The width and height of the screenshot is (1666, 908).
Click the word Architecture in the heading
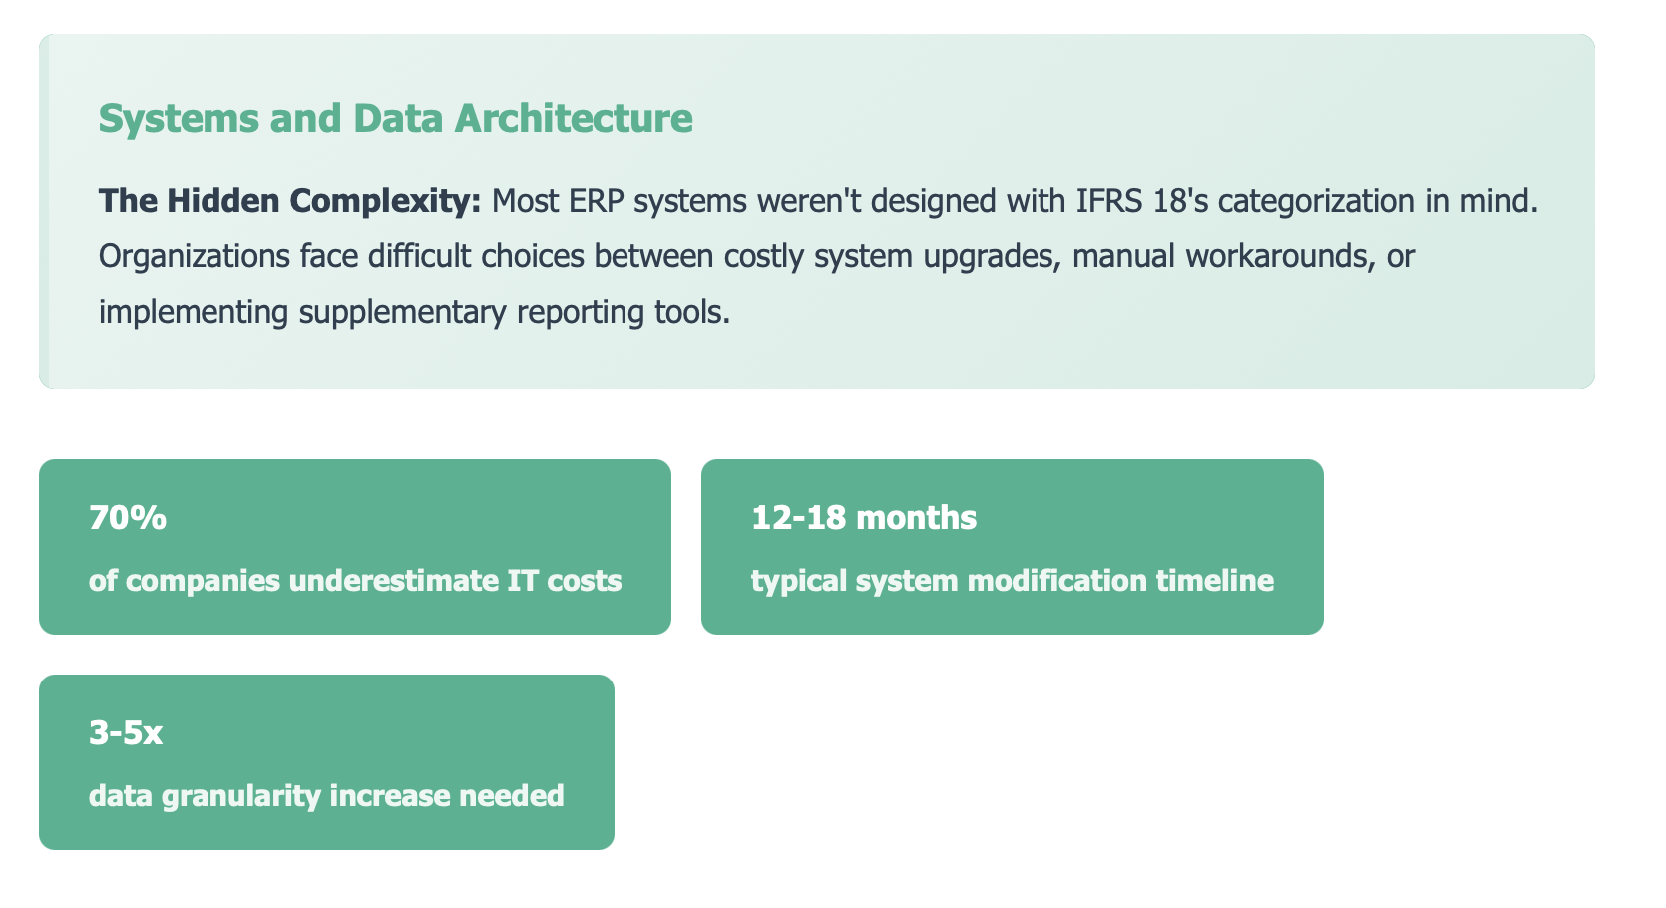[x=574, y=119]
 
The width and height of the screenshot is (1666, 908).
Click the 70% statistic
[x=127, y=518]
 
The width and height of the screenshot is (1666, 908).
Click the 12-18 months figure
[x=864, y=518]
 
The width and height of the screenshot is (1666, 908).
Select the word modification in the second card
[x=1056, y=581]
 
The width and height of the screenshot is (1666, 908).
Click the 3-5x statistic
[x=125, y=733]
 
